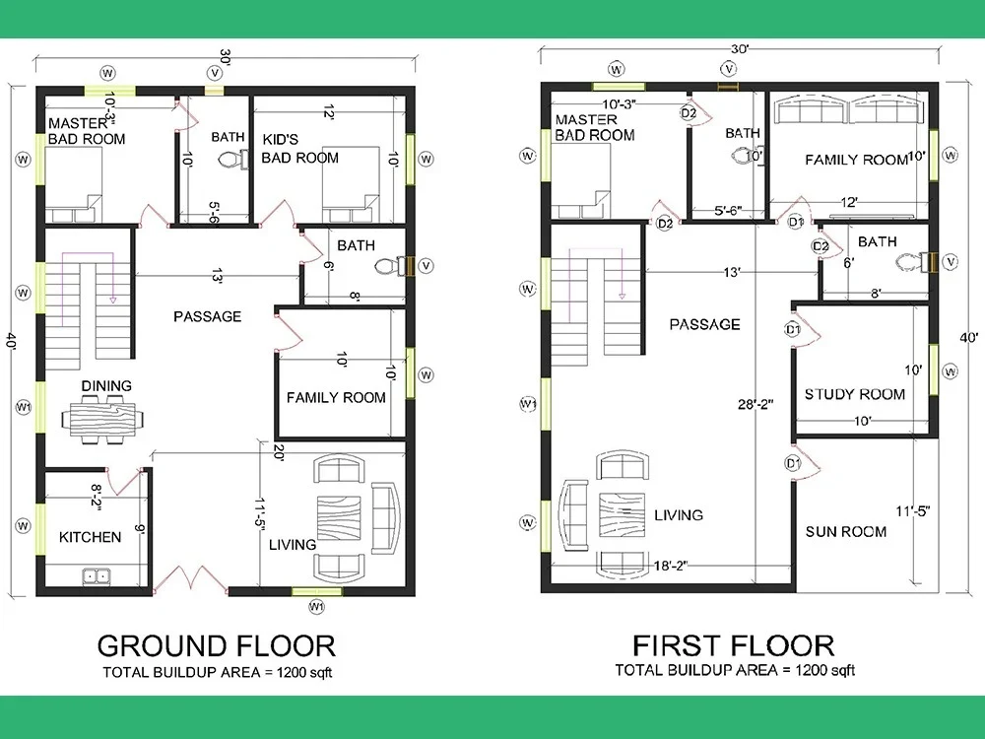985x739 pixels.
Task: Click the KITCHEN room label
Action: click(90, 537)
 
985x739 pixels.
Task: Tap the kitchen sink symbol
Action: click(97, 575)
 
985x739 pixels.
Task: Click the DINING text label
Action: click(106, 386)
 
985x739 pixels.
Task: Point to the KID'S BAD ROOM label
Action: click(300, 149)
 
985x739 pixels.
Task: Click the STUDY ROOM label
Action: click(854, 394)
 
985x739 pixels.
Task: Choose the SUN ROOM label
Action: click(845, 531)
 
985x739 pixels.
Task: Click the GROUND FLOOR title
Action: click(216, 645)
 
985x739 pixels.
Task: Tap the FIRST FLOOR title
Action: click(733, 645)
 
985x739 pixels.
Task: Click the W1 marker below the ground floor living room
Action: click(316, 605)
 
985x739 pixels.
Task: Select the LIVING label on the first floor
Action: click(678, 515)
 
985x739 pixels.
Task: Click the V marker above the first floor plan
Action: click(729, 68)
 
